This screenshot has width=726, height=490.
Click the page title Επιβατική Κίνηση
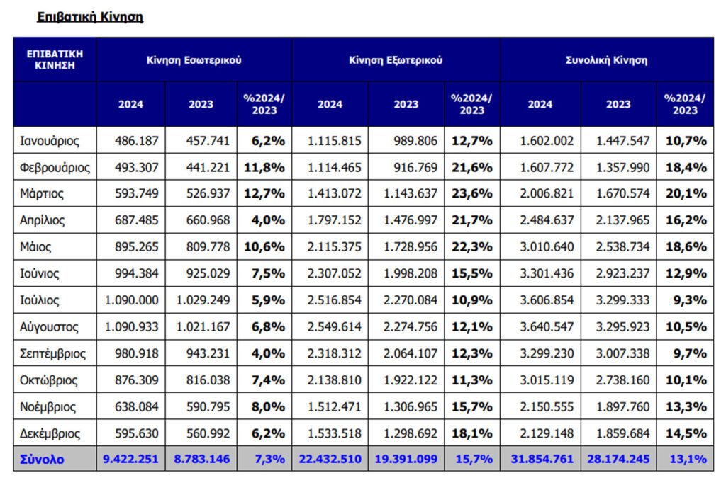click(90, 17)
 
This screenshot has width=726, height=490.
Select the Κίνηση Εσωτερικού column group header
click(194, 60)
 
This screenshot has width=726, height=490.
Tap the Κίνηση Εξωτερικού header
click(396, 60)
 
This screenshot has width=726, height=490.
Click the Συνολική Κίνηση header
click(607, 60)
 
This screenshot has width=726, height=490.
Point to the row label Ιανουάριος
click(50, 141)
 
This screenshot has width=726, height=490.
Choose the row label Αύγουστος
click(49, 327)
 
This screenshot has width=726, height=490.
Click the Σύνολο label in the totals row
click(42, 460)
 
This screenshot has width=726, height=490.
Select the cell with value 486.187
click(137, 141)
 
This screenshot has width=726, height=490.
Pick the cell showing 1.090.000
click(131, 300)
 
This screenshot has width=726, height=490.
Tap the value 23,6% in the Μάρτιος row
click(471, 194)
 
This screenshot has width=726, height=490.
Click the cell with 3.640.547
click(547, 327)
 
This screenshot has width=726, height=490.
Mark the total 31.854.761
click(542, 459)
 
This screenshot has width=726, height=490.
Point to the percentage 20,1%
click(686, 194)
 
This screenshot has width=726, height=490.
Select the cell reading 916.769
click(415, 167)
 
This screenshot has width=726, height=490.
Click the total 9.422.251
click(130, 459)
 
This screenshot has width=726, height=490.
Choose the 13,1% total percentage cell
click(688, 459)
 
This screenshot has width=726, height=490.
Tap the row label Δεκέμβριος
click(50, 434)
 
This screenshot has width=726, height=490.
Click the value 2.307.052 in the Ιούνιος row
click(335, 273)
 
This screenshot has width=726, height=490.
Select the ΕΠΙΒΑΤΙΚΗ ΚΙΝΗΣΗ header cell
click(55, 59)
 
